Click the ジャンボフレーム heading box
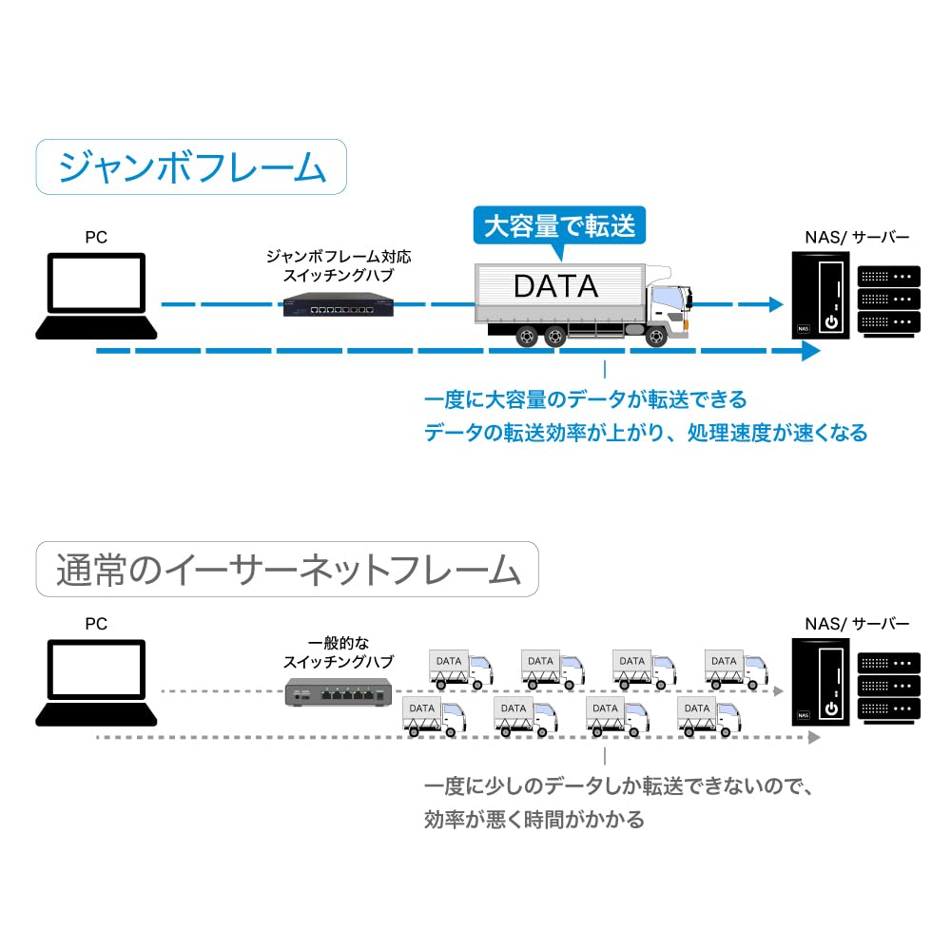click(x=190, y=168)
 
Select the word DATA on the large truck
click(x=556, y=284)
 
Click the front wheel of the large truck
click(x=655, y=337)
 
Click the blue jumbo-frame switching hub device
click(x=340, y=305)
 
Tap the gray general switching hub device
click(x=340, y=695)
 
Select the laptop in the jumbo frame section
click(x=97, y=296)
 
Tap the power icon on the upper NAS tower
click(x=831, y=321)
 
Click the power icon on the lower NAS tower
click(x=831, y=708)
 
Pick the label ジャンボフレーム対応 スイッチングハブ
click(x=339, y=266)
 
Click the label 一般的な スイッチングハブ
click(x=339, y=652)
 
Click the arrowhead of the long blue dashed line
click(x=809, y=351)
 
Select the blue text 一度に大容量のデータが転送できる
click(x=585, y=398)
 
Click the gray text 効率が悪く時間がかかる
click(x=534, y=819)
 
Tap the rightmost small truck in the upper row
click(x=735, y=669)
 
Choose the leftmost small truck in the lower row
click(x=434, y=716)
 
